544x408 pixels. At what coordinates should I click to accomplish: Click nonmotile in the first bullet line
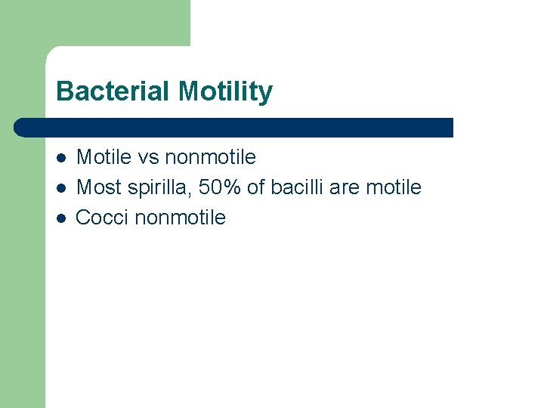coord(210,157)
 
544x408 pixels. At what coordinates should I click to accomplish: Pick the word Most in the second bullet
coord(98,187)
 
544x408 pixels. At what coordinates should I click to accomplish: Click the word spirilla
coord(157,187)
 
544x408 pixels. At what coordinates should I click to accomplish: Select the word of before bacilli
coord(257,187)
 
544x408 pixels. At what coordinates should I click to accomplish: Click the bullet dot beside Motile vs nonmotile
coord(61,158)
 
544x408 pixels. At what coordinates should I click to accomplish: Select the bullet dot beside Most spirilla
coord(61,187)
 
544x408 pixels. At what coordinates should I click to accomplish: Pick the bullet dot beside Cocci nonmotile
coord(61,218)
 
